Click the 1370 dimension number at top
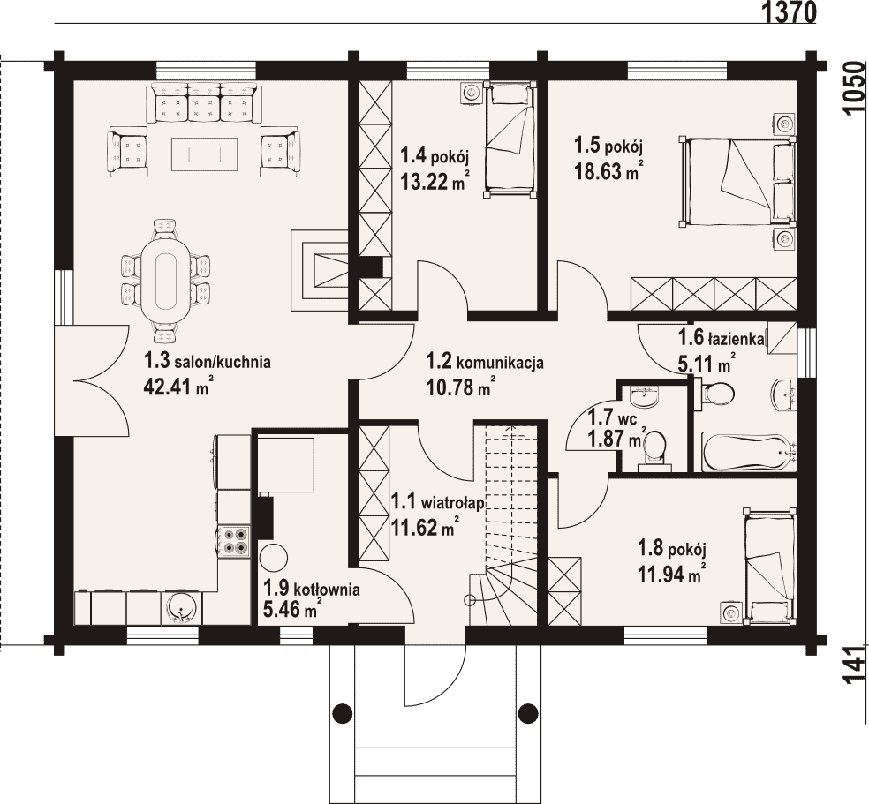[x=789, y=11]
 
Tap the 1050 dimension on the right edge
[x=856, y=87]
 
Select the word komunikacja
[x=500, y=364]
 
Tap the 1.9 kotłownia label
[x=312, y=589]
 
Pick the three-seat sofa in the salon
[x=202, y=102]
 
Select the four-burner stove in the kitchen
[x=234, y=541]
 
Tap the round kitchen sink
[x=181, y=609]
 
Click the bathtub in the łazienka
[x=748, y=453]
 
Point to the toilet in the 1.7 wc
[x=654, y=447]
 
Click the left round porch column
[x=343, y=711]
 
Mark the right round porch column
[x=528, y=711]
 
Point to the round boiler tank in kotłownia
[x=274, y=557]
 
